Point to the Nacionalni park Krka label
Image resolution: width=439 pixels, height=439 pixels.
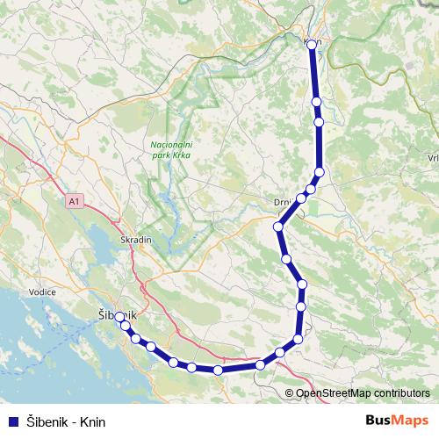pyautogui.click(x=169, y=149)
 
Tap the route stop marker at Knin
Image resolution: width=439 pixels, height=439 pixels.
pyautogui.click(x=312, y=44)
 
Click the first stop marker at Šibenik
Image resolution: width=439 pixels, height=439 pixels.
pyautogui.click(x=120, y=317)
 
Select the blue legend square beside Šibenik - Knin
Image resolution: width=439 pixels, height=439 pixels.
pyautogui.click(x=12, y=421)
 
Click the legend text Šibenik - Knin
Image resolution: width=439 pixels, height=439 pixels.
pyautogui.click(x=65, y=421)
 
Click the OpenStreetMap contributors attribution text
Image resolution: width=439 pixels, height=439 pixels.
pyautogui.click(x=362, y=393)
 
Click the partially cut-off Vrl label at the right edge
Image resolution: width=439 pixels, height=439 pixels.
pyautogui.click(x=432, y=157)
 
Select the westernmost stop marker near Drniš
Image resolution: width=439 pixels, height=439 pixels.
pyautogui.click(x=279, y=227)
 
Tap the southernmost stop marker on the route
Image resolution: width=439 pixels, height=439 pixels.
pyautogui.click(x=218, y=370)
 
